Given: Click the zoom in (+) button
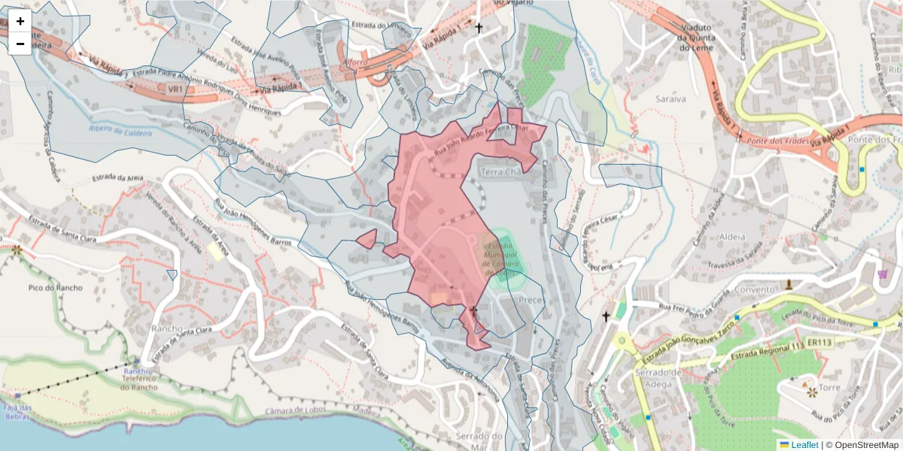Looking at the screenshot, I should click(x=20, y=21).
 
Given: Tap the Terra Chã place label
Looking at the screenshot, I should click(x=500, y=172).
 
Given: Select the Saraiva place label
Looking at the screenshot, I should click(x=670, y=98).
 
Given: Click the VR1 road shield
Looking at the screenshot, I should click(x=176, y=89).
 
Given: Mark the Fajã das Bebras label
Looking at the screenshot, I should click(x=16, y=413).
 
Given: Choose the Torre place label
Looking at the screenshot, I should click(x=829, y=388).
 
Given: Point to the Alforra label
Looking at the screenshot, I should click(x=354, y=62).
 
